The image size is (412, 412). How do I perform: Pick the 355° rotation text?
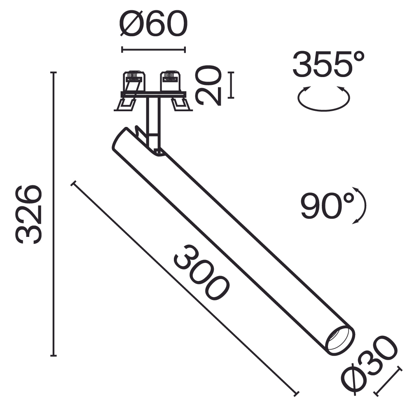pos(328,64)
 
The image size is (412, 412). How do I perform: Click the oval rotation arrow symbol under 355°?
pos(324,99)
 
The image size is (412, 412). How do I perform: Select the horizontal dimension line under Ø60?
pos(153,50)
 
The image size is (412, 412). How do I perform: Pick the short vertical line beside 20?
pos(231,85)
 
